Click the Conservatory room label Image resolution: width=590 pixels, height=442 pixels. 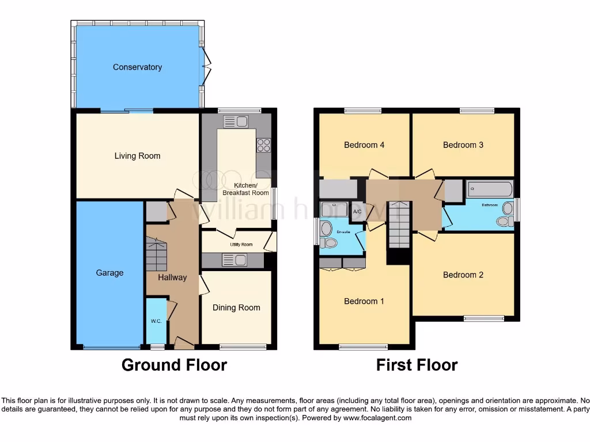click(137, 67)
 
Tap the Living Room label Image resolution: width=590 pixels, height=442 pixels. click(137, 156)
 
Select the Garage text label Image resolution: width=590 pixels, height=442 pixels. click(109, 273)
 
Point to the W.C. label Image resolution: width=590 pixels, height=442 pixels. click(156, 321)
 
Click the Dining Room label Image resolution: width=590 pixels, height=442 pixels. click(236, 308)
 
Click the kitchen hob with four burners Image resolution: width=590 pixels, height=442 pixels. click(263, 146)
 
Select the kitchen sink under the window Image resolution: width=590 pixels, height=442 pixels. click(235, 121)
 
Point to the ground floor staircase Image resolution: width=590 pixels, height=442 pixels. click(156, 256)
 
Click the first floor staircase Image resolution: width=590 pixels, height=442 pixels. click(398, 224)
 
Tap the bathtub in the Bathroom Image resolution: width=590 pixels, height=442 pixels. click(490, 188)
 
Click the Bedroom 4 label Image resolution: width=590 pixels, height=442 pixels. click(364, 145)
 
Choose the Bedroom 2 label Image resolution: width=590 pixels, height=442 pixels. click(463, 275)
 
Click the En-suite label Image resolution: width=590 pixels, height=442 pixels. click(343, 232)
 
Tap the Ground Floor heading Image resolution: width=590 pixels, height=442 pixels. click(174, 365)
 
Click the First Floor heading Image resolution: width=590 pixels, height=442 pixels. click(417, 365)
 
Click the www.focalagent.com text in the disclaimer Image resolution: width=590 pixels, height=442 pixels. click(377, 418)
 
